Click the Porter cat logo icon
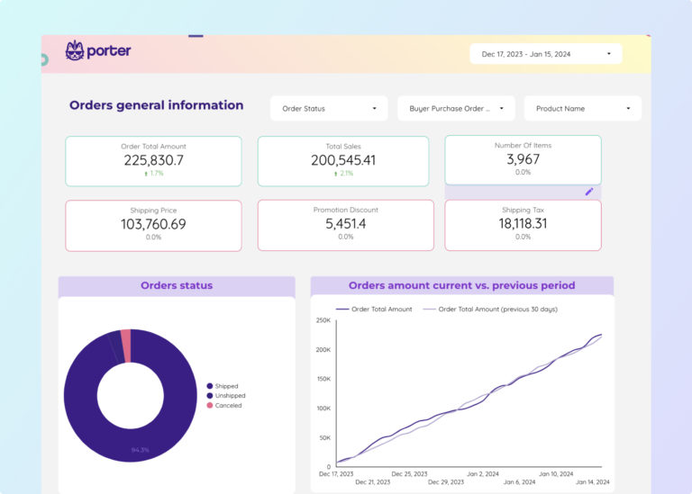coord(75,51)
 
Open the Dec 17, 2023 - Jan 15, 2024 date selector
coord(547,54)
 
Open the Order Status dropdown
coord(329,109)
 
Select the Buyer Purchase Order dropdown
coord(456,109)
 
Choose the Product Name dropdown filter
coord(582,109)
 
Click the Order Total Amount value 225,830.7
coord(153,160)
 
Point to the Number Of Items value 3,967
coord(523,159)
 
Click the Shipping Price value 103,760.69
coord(153,224)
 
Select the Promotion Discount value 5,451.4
coord(346,224)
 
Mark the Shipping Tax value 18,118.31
coord(523,224)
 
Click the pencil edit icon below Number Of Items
coord(589,192)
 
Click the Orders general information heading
coord(156,105)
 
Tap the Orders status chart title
coord(177,285)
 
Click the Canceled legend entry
coord(227,406)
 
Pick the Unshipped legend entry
coord(229,396)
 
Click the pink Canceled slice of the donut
coord(126,345)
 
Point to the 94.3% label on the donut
coord(141,450)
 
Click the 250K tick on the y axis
coord(323,320)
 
